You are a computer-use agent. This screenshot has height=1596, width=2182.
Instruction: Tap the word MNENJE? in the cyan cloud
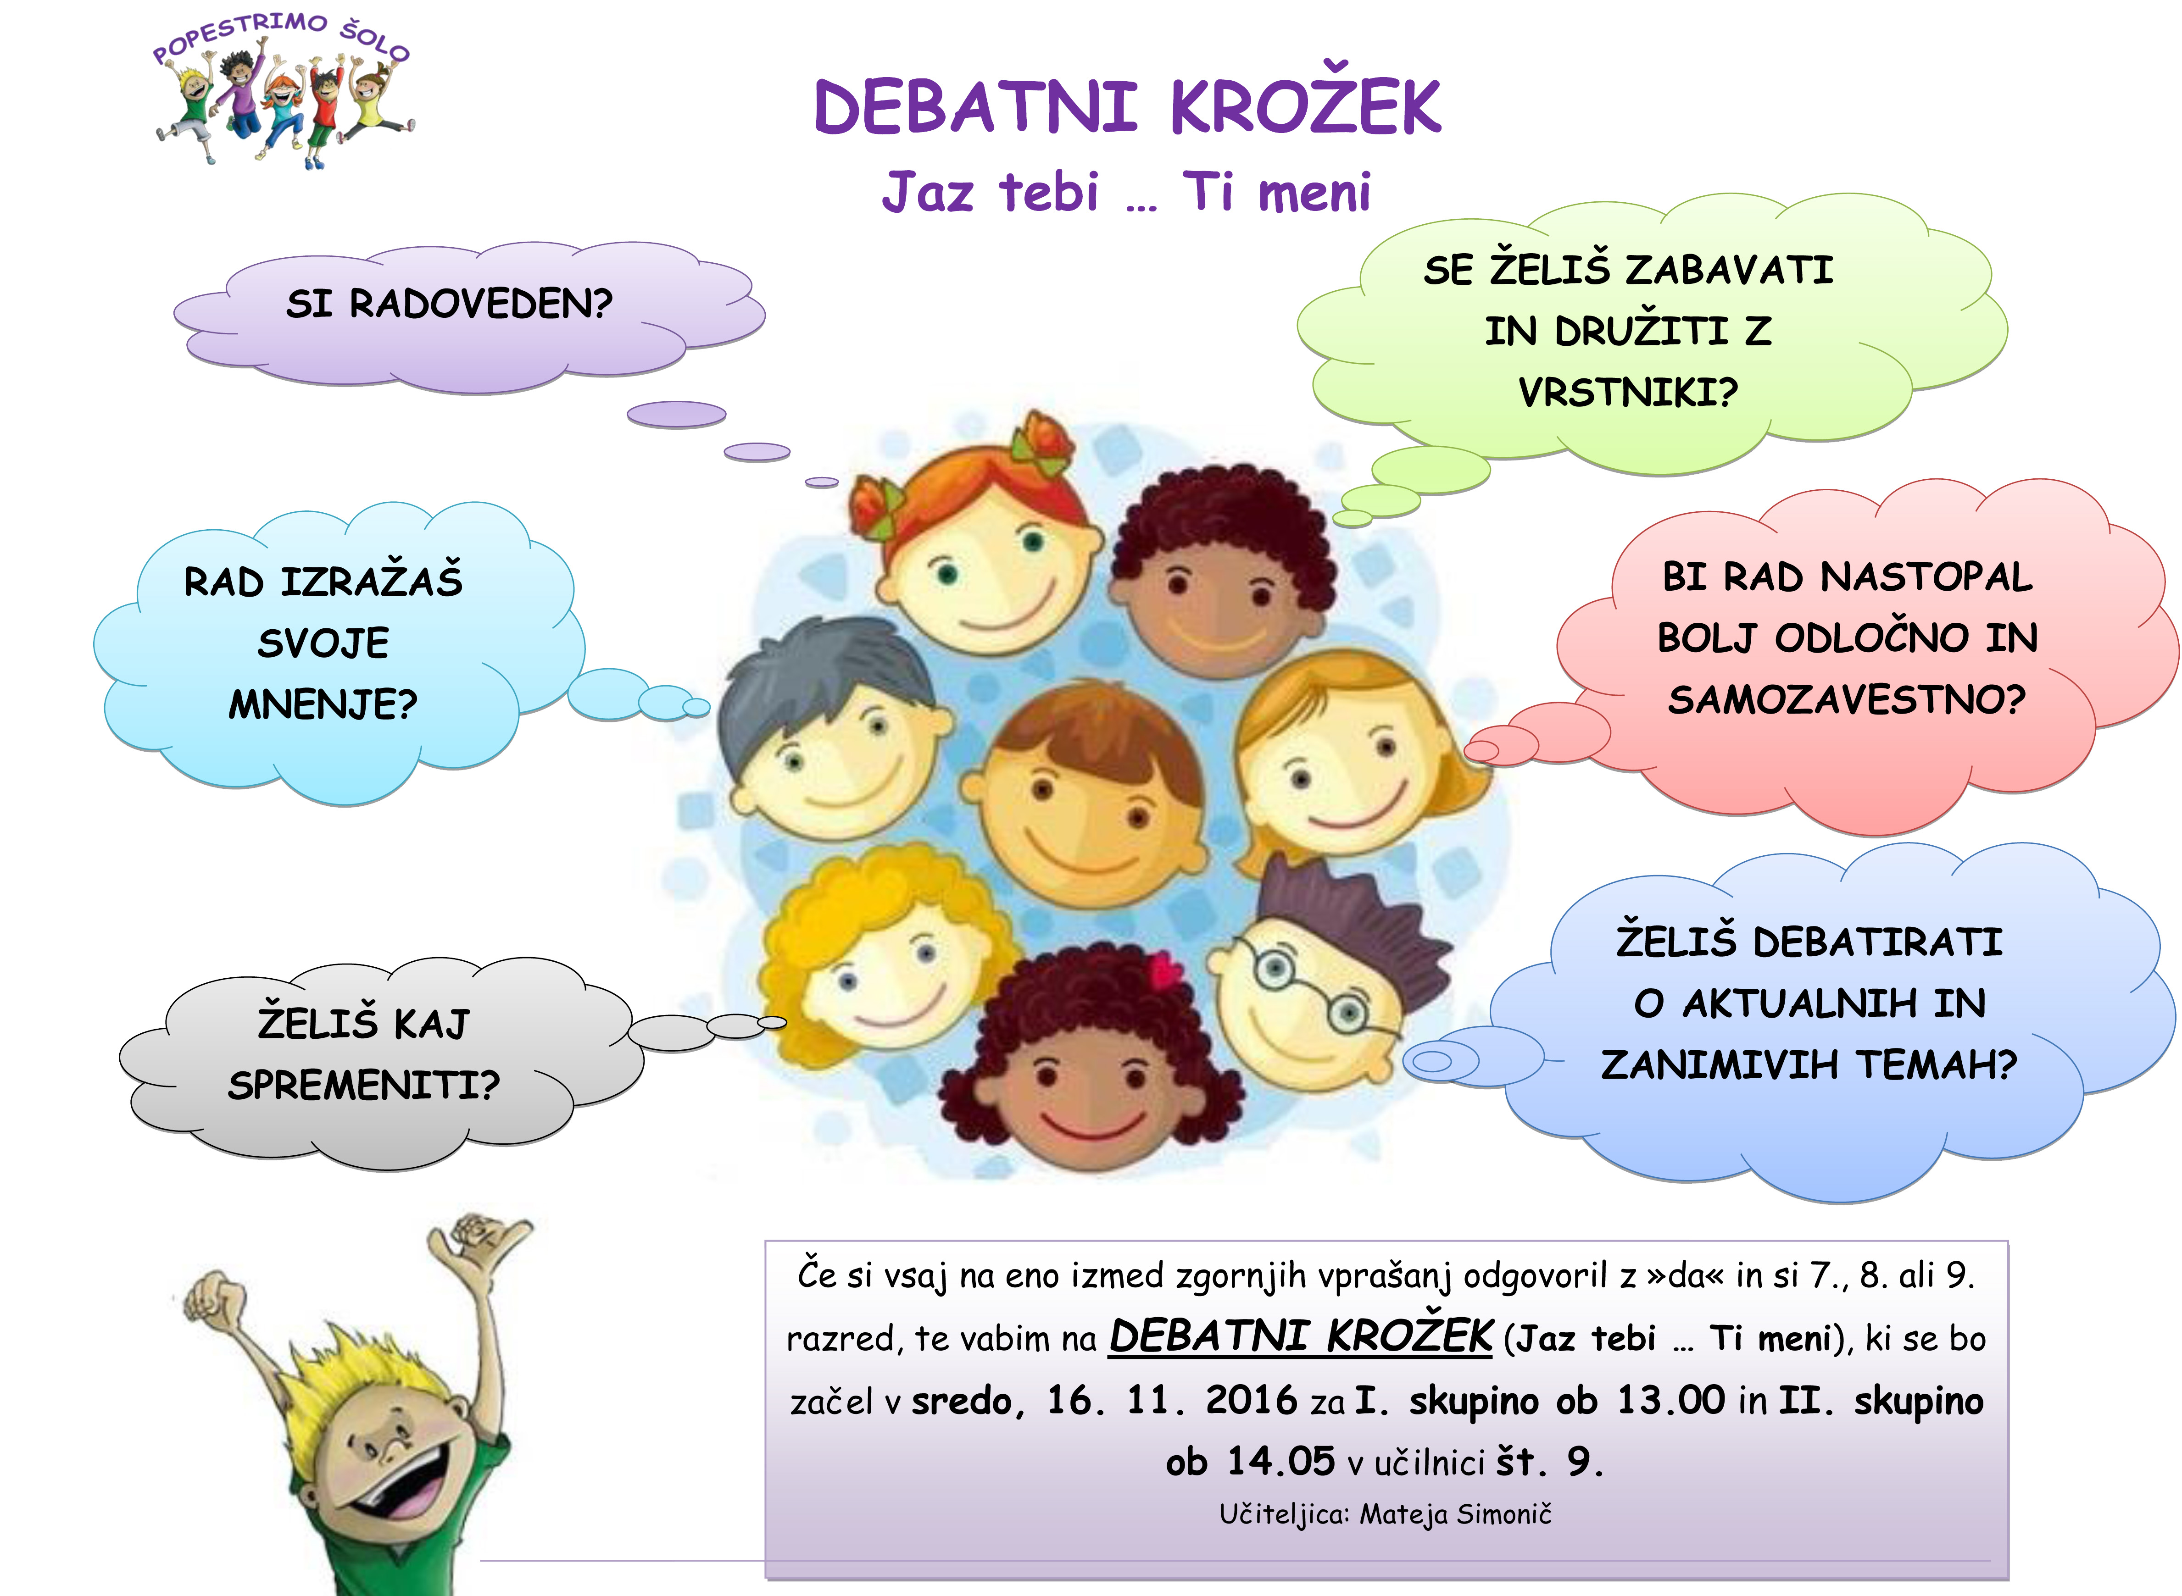point(323,704)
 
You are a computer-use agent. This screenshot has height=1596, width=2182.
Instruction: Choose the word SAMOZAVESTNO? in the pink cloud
point(1846,698)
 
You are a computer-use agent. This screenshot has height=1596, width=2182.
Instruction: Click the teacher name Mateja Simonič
point(1455,1514)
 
